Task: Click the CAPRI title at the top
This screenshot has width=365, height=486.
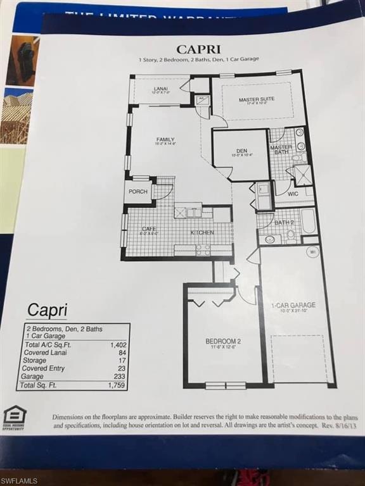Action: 198,48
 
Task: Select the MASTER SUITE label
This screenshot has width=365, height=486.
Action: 257,99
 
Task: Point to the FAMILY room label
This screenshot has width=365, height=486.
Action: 165,139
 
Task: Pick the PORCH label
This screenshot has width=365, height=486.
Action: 138,191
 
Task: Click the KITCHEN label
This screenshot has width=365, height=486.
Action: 202,233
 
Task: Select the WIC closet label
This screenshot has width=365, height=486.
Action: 293,194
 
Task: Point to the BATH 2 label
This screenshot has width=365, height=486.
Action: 283,223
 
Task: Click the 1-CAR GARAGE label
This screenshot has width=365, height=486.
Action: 293,305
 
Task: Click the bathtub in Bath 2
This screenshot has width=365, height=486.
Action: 308,221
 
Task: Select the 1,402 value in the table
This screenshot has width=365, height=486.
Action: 118,344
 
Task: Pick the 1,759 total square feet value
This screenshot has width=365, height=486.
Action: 117,385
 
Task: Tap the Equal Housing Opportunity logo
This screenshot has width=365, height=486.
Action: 15,417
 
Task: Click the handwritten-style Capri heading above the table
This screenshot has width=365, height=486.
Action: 47,310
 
